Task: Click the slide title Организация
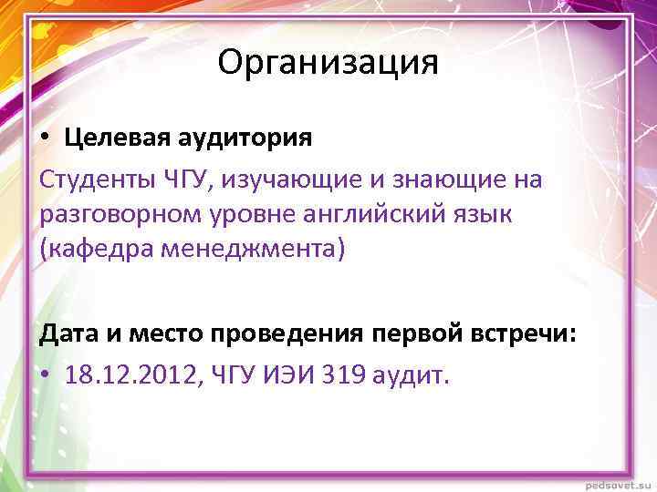[x=328, y=63]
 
